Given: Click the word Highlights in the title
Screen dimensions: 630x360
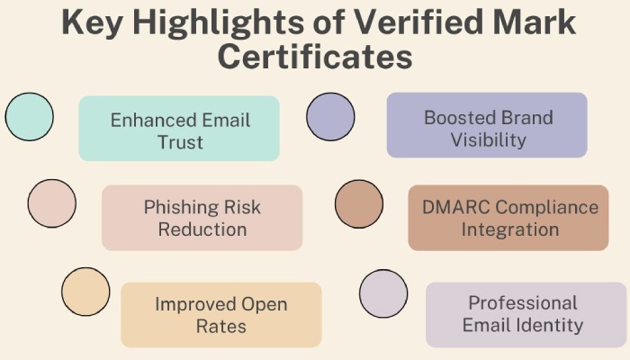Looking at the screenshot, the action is pyautogui.click(x=218, y=22).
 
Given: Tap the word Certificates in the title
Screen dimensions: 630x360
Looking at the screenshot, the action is pyautogui.click(x=315, y=57).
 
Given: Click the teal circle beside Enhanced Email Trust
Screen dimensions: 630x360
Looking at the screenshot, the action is pyautogui.click(x=30, y=116).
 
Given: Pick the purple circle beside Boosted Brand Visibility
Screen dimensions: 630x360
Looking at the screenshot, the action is pyautogui.click(x=330, y=116).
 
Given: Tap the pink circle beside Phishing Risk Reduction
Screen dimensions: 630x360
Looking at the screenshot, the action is pyautogui.click(x=52, y=203).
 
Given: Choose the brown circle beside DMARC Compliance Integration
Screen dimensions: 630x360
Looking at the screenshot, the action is pyautogui.click(x=359, y=203).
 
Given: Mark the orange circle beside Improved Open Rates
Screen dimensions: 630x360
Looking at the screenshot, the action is pyautogui.click(x=85, y=292).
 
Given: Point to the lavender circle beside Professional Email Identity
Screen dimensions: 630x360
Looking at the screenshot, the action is pyautogui.click(x=383, y=293).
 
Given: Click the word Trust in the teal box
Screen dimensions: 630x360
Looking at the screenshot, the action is pyautogui.click(x=180, y=142).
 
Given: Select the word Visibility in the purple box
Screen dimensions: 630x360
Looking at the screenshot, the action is pyautogui.click(x=488, y=140).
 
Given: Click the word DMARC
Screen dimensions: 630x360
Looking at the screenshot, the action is pyautogui.click(x=456, y=207).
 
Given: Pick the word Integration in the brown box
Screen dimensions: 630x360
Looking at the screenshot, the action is pyautogui.click(x=510, y=230).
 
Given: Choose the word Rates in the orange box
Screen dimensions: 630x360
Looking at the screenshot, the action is pyautogui.click(x=221, y=326).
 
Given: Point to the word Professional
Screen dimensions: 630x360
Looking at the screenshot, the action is pyautogui.click(x=523, y=303).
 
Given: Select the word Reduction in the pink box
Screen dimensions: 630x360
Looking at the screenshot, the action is pyautogui.click(x=202, y=229).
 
